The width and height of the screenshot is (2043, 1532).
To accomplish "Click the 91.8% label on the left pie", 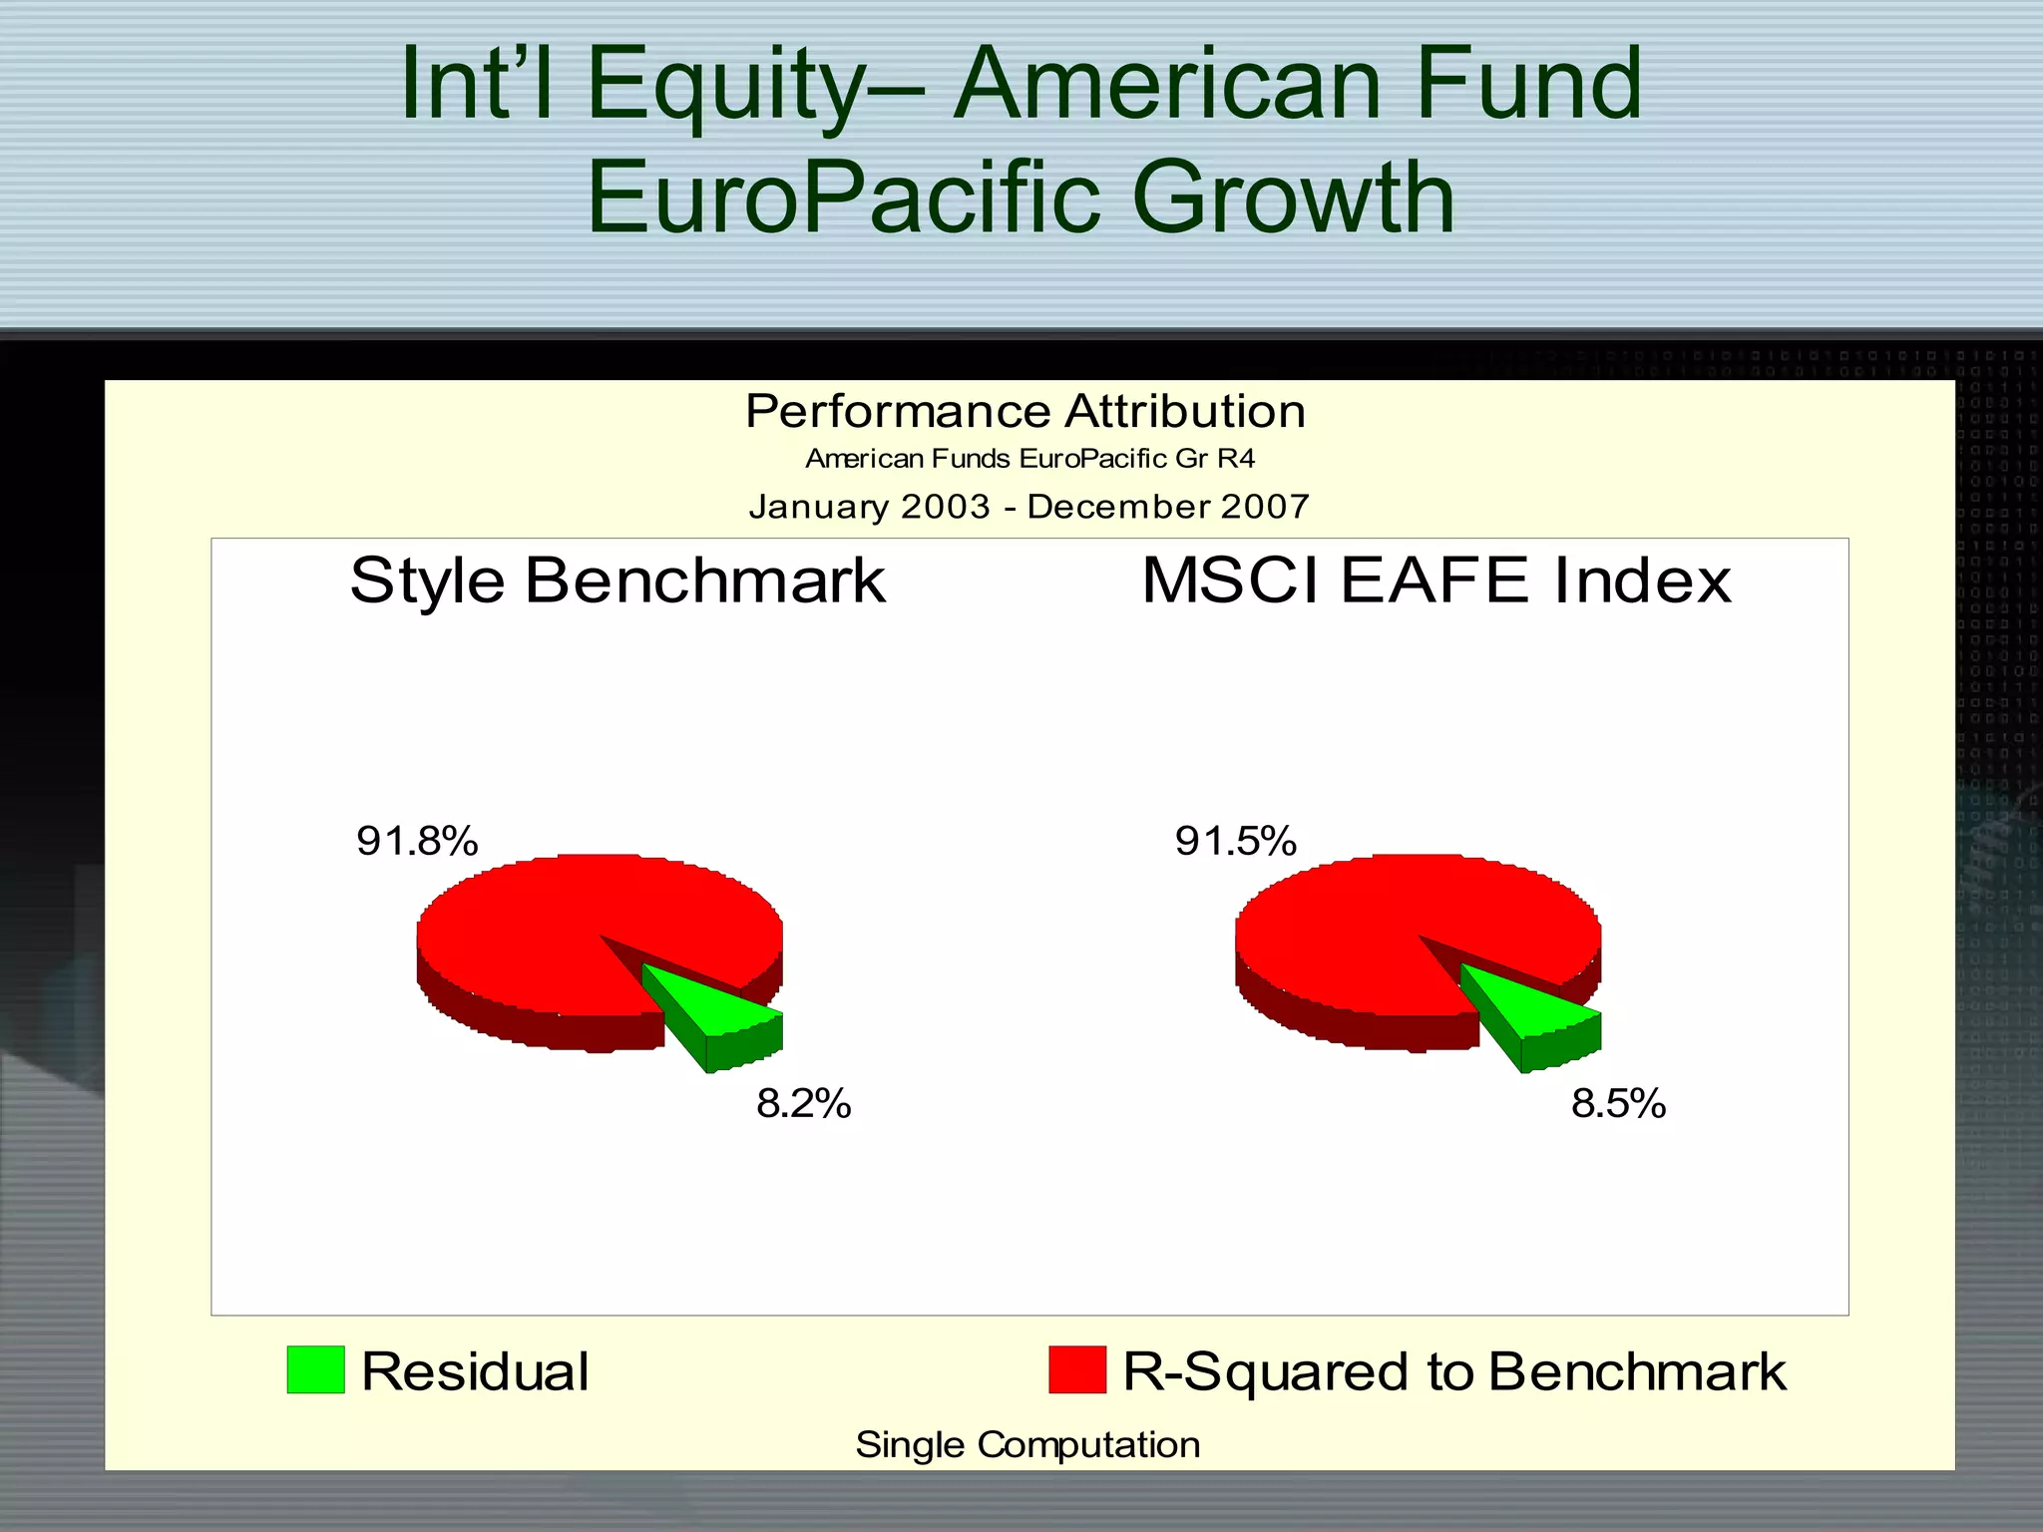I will point(417,841).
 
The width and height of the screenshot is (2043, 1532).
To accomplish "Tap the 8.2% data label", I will point(803,1104).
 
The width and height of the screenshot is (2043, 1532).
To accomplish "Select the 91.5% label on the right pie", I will point(1235,841).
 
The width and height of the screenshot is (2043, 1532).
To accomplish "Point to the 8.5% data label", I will point(1618,1104).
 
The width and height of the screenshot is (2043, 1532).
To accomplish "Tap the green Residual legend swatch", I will point(315,1369).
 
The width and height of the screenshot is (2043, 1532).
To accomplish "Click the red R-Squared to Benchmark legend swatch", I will point(1076,1369).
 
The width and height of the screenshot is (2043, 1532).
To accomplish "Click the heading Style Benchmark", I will point(617,580).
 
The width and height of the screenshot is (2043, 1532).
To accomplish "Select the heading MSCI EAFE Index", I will point(1435,580).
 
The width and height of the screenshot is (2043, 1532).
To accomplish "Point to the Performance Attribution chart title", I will point(1024,411).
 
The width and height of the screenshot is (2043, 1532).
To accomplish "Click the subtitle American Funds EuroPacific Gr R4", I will point(1029,459).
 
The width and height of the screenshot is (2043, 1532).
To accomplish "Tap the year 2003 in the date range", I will point(945,507).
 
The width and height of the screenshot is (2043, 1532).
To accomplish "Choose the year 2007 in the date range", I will point(1264,507).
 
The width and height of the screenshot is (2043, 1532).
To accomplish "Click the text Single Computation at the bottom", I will point(1027,1444).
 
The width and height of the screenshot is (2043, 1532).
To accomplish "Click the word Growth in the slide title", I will point(1293,197).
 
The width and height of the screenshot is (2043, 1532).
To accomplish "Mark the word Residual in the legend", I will point(475,1371).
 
